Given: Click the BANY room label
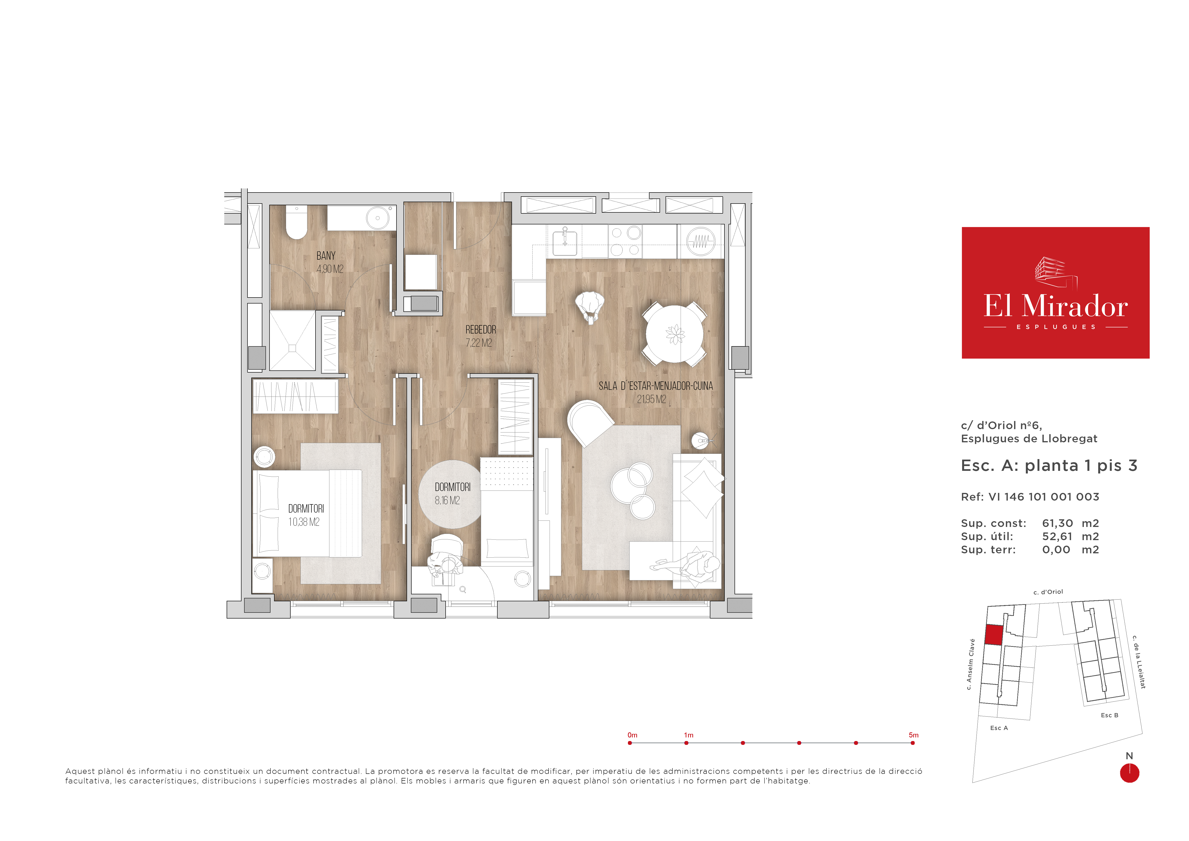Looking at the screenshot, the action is click(326, 256).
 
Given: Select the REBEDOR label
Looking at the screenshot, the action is click(481, 330).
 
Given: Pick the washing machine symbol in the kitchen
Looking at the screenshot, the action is click(701, 241).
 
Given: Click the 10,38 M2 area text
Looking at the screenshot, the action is click(304, 522).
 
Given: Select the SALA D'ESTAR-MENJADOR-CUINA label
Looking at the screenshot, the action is click(656, 386).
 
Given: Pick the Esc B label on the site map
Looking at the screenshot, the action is click(1109, 715).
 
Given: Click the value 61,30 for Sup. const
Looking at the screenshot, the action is click(1057, 523).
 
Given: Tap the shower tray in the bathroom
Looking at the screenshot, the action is click(293, 340).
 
